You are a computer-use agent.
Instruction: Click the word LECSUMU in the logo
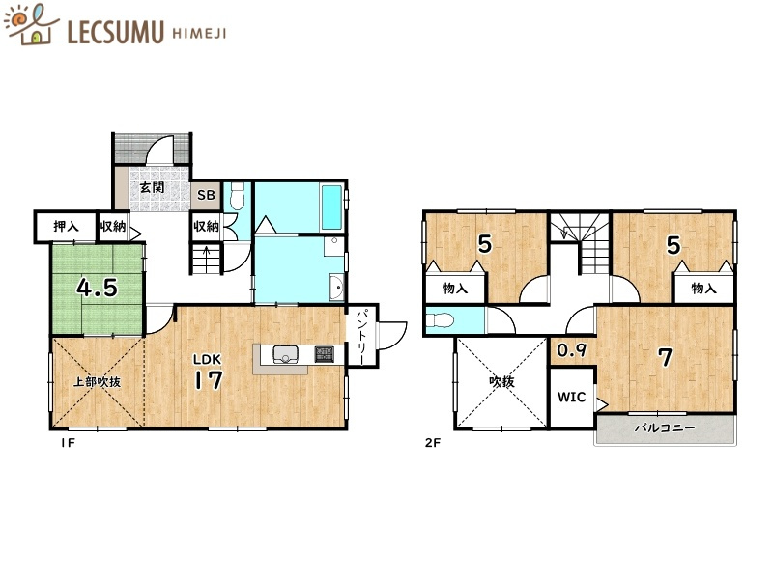click(115, 32)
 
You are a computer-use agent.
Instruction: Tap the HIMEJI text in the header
click(200, 34)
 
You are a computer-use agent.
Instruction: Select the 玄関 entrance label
click(152, 187)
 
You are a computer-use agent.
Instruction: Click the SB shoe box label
click(206, 195)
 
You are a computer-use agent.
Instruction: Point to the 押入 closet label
click(66, 227)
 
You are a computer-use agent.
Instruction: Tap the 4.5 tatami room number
click(98, 288)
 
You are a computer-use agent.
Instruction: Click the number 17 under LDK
click(209, 379)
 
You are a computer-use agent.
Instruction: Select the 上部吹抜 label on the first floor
click(98, 381)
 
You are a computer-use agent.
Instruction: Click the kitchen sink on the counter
click(285, 354)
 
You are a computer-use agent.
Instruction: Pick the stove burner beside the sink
click(324, 353)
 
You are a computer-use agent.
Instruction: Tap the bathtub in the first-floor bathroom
click(331, 207)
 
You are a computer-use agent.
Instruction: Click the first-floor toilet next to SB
click(238, 196)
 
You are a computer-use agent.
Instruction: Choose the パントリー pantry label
click(361, 337)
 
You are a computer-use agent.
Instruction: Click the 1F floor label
click(68, 443)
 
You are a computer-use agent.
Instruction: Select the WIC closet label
click(572, 397)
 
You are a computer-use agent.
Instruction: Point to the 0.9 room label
click(572, 350)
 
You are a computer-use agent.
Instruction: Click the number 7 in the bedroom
click(666, 357)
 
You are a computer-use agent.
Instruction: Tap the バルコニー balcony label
click(665, 427)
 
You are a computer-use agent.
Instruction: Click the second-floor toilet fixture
click(440, 320)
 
